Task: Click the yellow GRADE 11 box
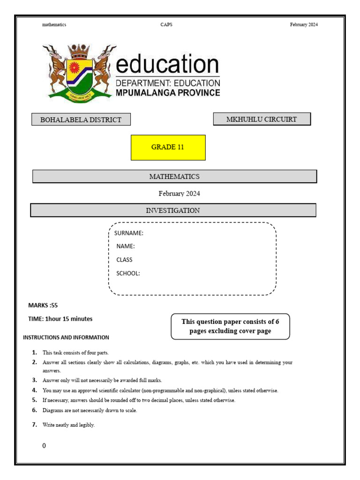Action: click(x=168, y=147)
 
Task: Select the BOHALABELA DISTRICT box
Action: click(x=81, y=120)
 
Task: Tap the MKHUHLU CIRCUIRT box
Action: click(x=262, y=119)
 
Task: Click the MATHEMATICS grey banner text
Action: click(x=174, y=177)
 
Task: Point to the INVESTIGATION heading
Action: click(x=173, y=210)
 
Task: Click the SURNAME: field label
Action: click(x=128, y=233)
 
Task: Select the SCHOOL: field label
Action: click(x=128, y=273)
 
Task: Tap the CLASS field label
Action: click(x=124, y=260)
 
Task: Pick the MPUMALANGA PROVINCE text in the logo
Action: click(x=168, y=93)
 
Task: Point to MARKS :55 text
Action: click(x=43, y=305)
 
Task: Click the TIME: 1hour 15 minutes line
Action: click(x=60, y=319)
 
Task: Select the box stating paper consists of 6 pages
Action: click(x=230, y=326)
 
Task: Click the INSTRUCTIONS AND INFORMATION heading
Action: click(x=66, y=337)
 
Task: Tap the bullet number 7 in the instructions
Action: click(x=34, y=425)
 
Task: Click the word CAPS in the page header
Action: click(x=166, y=25)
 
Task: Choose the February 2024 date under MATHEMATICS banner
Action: click(x=180, y=193)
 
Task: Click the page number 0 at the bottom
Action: click(x=44, y=446)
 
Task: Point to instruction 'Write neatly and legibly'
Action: click(x=68, y=425)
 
